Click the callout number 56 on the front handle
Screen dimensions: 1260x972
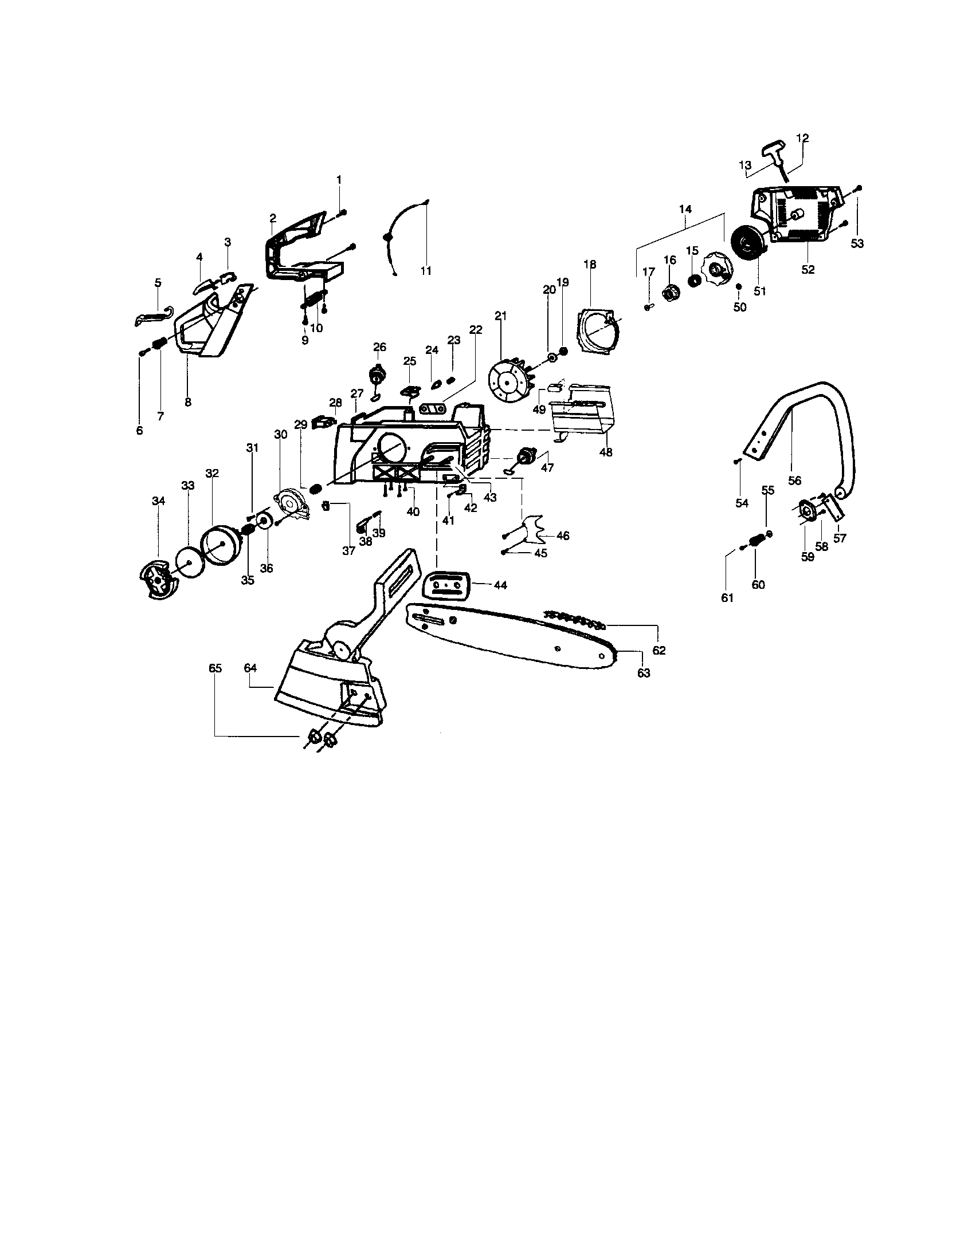(x=794, y=481)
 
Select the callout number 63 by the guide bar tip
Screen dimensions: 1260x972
(x=643, y=673)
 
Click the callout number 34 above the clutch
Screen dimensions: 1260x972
(x=158, y=501)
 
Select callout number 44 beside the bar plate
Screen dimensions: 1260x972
(x=500, y=585)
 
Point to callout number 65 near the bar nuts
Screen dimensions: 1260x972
(x=215, y=668)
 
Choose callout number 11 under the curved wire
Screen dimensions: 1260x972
(x=425, y=270)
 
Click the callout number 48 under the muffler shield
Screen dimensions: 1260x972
(x=605, y=452)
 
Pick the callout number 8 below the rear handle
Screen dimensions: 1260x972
(x=187, y=402)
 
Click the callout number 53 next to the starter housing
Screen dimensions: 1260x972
(x=857, y=243)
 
